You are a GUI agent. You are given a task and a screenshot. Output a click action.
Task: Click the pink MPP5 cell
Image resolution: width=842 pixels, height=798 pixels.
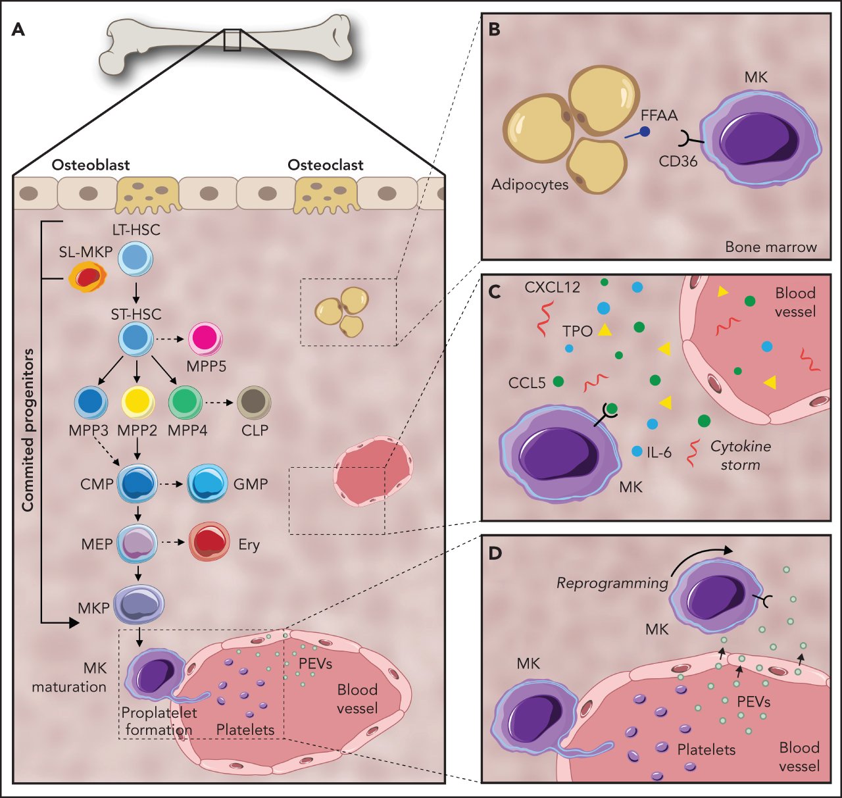point(206,339)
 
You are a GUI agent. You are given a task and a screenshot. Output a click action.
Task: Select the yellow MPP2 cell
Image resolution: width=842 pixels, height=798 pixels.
point(138,403)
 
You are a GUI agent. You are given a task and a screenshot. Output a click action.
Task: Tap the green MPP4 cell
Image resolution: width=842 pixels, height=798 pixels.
point(186,403)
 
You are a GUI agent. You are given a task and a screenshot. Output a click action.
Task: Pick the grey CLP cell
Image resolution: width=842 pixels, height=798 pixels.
point(254,402)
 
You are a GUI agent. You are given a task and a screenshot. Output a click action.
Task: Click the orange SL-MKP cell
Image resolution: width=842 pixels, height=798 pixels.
point(87,276)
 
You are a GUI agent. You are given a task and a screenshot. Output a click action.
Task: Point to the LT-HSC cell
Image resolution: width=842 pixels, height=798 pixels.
point(136,257)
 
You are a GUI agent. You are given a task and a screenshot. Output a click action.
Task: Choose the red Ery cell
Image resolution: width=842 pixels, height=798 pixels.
point(209,541)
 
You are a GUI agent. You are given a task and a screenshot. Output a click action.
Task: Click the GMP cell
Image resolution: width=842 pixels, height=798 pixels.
point(208,484)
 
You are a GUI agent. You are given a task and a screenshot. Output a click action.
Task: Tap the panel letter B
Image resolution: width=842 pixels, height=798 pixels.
point(495,30)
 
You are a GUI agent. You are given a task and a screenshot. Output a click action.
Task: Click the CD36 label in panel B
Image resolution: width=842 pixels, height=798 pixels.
point(678,161)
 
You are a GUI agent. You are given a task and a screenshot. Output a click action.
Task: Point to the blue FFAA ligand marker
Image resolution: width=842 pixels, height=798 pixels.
point(644,132)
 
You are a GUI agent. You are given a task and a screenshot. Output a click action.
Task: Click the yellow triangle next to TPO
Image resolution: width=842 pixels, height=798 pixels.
point(605,330)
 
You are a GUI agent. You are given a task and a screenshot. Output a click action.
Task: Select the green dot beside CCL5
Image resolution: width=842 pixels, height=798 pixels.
point(558,381)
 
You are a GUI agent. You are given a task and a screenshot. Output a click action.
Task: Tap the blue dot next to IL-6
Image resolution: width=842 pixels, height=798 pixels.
point(637,451)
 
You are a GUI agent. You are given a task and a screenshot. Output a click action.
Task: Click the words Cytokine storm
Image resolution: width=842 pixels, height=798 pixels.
point(741,455)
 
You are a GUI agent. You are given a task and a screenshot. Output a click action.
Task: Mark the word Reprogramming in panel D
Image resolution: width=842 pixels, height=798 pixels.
point(612,583)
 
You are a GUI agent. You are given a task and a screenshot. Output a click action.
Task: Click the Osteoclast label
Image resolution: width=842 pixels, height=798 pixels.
point(325,165)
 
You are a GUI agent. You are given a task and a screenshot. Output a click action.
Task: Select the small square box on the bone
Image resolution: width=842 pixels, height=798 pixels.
point(232,39)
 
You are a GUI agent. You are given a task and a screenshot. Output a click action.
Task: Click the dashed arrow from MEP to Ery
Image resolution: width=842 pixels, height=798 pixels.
point(173,543)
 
